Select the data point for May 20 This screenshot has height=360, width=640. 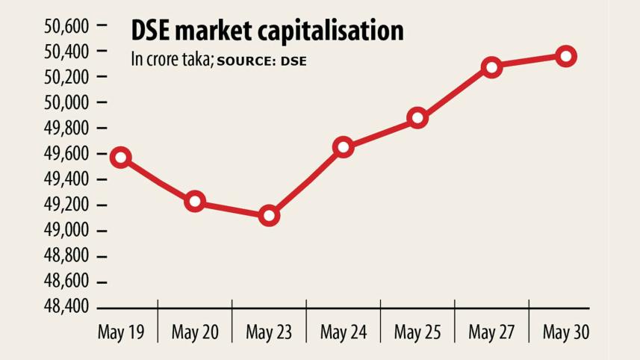click(x=195, y=201)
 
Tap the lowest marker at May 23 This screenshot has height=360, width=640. click(x=270, y=217)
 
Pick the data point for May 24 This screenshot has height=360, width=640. click(x=344, y=147)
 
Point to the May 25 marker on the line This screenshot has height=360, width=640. click(x=417, y=118)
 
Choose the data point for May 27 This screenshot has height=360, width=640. click(x=491, y=67)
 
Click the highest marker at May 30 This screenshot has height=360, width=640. click(x=566, y=56)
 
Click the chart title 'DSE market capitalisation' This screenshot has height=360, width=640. click(x=267, y=31)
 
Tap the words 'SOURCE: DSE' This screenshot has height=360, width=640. click(x=261, y=61)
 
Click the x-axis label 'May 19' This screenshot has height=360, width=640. click(x=121, y=332)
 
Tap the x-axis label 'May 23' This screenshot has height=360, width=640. click(x=270, y=332)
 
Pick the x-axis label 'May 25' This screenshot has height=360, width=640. click(x=417, y=332)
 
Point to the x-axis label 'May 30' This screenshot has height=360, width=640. click(x=566, y=332)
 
